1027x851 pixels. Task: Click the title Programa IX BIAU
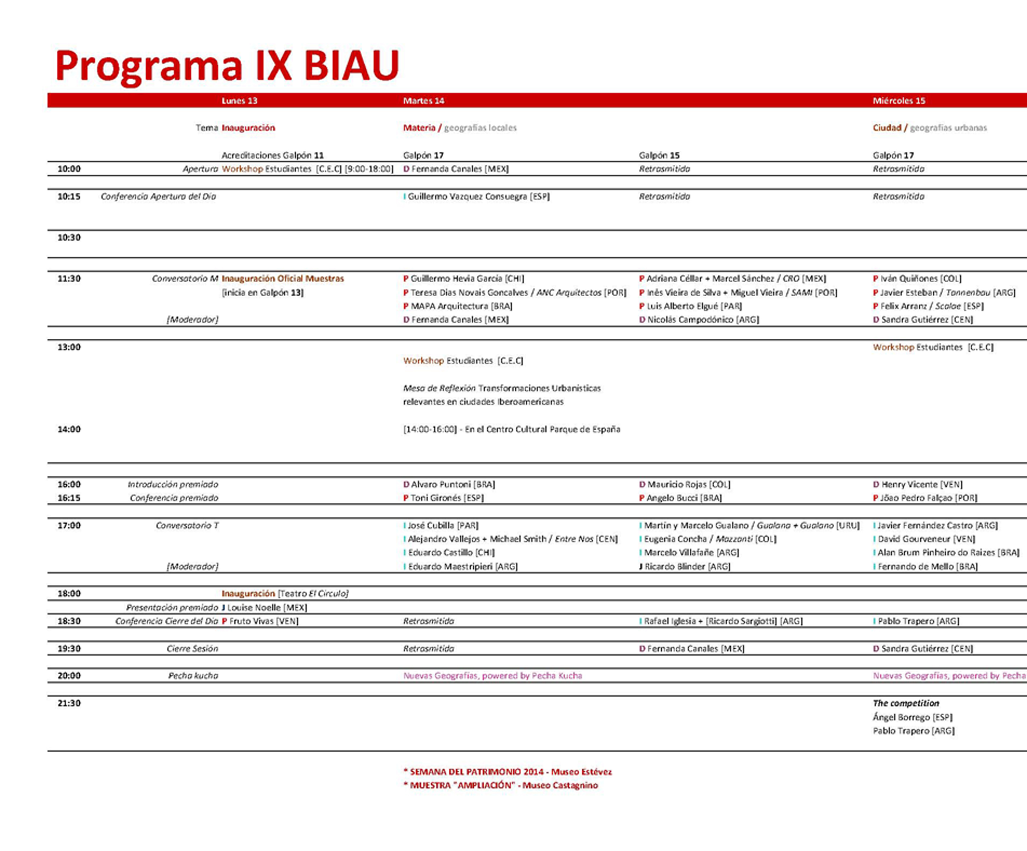tap(227, 65)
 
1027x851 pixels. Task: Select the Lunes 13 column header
tap(239, 101)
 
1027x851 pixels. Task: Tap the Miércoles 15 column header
tap(899, 101)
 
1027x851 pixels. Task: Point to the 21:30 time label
tap(69, 703)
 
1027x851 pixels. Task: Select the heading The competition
tap(906, 703)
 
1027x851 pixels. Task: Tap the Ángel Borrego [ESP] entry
tap(912, 717)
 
